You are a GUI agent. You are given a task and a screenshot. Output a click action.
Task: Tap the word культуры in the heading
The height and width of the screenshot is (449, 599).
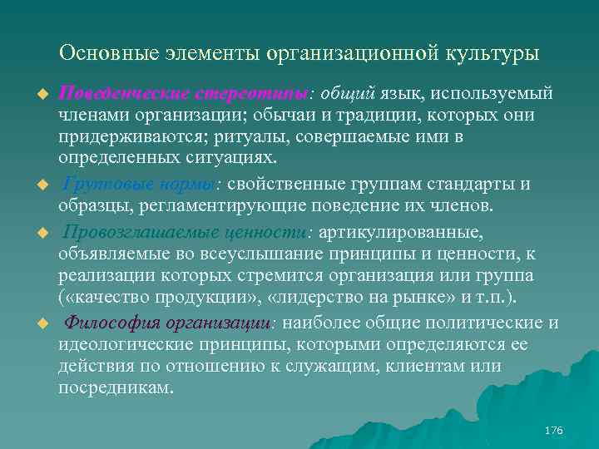[490, 53]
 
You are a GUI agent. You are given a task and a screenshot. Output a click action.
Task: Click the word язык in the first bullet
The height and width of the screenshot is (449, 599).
[406, 92]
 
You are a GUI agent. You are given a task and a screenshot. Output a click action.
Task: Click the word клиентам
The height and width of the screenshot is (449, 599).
[463, 366]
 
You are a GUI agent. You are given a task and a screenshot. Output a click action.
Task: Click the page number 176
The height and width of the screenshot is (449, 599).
[553, 431]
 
